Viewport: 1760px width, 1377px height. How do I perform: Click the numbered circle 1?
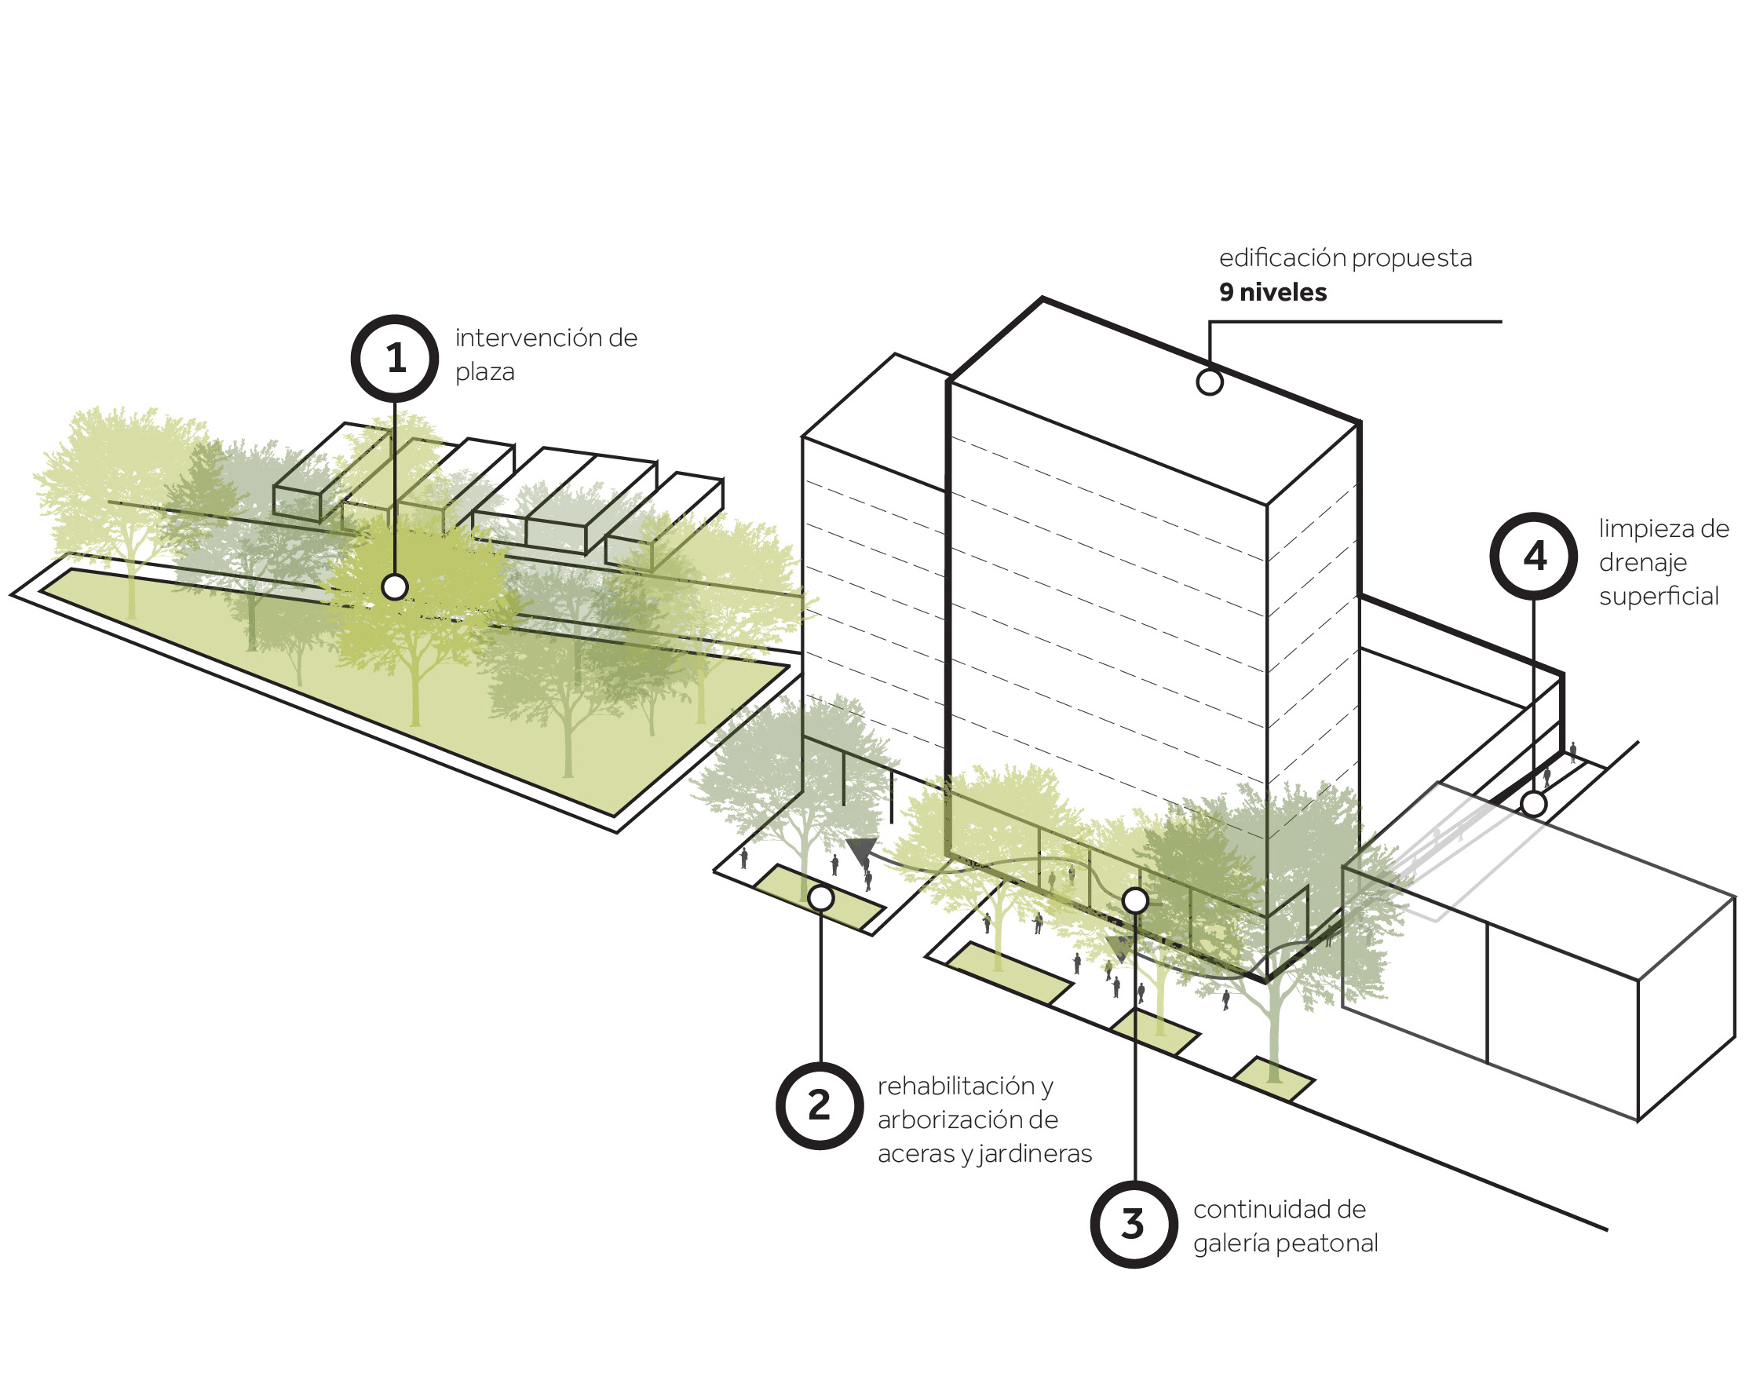pyautogui.click(x=394, y=358)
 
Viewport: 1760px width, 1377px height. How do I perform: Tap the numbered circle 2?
pyautogui.click(x=819, y=1105)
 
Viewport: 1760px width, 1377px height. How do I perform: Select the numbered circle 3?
pyautogui.click(x=1134, y=1224)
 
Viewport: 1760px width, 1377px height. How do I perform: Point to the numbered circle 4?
pyautogui.click(x=1532, y=557)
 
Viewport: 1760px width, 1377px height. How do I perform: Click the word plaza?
pyautogui.click(x=484, y=372)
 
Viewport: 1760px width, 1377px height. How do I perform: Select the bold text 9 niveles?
pyautogui.click(x=1273, y=292)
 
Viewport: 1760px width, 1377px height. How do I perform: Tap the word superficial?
pyautogui.click(x=1659, y=597)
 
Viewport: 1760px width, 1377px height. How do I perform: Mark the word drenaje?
pyautogui.click(x=1642, y=563)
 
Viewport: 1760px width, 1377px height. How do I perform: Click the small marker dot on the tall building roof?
pyautogui.click(x=1210, y=382)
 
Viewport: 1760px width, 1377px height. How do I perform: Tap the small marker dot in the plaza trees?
pyautogui.click(x=394, y=587)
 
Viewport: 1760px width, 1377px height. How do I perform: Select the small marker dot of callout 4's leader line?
pyautogui.click(x=1533, y=804)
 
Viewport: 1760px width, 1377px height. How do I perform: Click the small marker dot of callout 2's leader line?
pyautogui.click(x=821, y=897)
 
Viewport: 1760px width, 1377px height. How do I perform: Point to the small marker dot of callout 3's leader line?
pyautogui.click(x=1135, y=900)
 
